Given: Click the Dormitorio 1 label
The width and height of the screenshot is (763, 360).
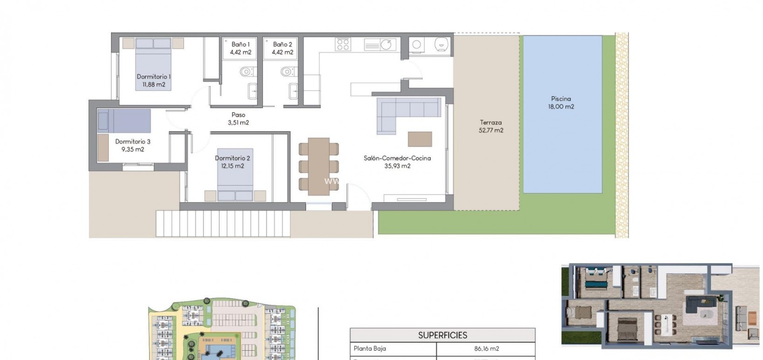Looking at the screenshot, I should (x=153, y=77).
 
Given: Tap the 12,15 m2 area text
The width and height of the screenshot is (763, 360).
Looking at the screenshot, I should (x=232, y=166).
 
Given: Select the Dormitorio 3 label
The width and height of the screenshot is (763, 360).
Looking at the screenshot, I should (x=133, y=142).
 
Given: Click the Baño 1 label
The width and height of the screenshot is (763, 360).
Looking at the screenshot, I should (x=240, y=44).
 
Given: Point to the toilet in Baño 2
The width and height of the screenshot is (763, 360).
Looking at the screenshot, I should (x=287, y=72).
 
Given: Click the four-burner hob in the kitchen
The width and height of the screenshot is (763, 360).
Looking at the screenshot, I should (x=343, y=44).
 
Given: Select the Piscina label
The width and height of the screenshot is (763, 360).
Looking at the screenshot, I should (x=561, y=99).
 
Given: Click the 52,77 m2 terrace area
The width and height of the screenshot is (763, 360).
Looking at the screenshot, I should (x=491, y=130).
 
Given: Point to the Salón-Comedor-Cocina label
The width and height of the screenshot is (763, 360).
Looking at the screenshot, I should (x=397, y=158).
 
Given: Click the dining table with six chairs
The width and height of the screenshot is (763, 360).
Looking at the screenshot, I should (x=319, y=163).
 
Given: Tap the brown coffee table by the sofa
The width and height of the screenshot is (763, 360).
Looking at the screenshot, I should (x=420, y=139).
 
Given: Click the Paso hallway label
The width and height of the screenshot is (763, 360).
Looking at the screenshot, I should (x=238, y=115).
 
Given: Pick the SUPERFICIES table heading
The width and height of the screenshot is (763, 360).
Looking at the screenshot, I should (x=443, y=335).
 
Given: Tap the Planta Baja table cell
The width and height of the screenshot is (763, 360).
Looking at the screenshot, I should (x=369, y=348).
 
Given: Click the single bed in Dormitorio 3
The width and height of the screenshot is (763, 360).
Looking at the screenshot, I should (x=124, y=121).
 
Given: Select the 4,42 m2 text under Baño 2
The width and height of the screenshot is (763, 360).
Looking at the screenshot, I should (x=282, y=52).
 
